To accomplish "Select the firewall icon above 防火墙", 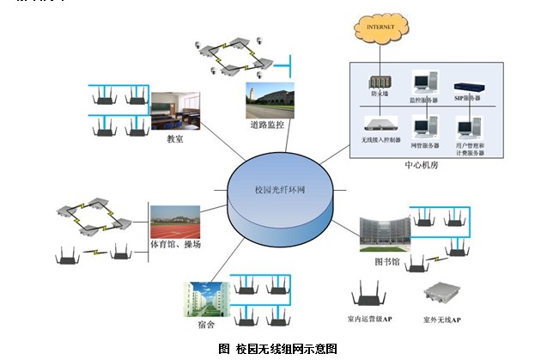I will pyautogui.click(x=377, y=82).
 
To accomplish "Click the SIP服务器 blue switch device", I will pyautogui.click(x=469, y=86).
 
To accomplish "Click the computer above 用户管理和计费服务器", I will pyautogui.click(x=469, y=128).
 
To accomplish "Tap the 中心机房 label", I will pyautogui.click(x=421, y=164).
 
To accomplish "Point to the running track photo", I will pyautogui.click(x=175, y=224).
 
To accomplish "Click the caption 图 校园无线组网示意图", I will pyautogui.click(x=277, y=348).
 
